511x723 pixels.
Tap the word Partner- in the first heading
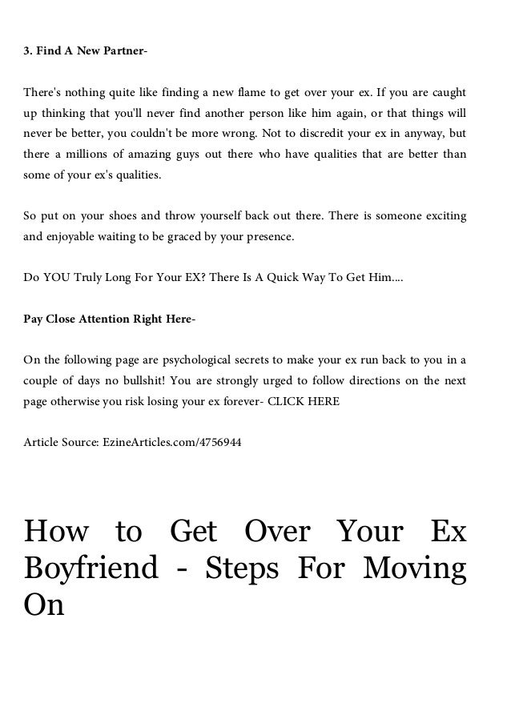(x=123, y=52)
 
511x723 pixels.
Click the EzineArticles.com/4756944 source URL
(x=169, y=441)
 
